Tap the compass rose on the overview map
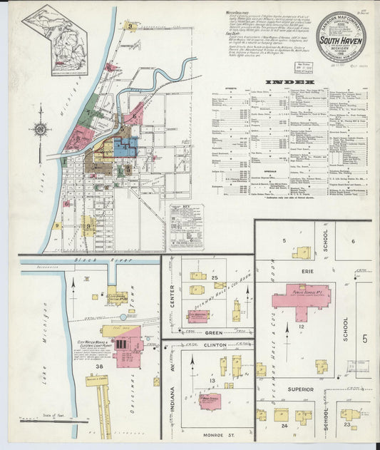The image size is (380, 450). (x=39, y=129)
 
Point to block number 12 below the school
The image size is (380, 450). (x=302, y=326)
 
